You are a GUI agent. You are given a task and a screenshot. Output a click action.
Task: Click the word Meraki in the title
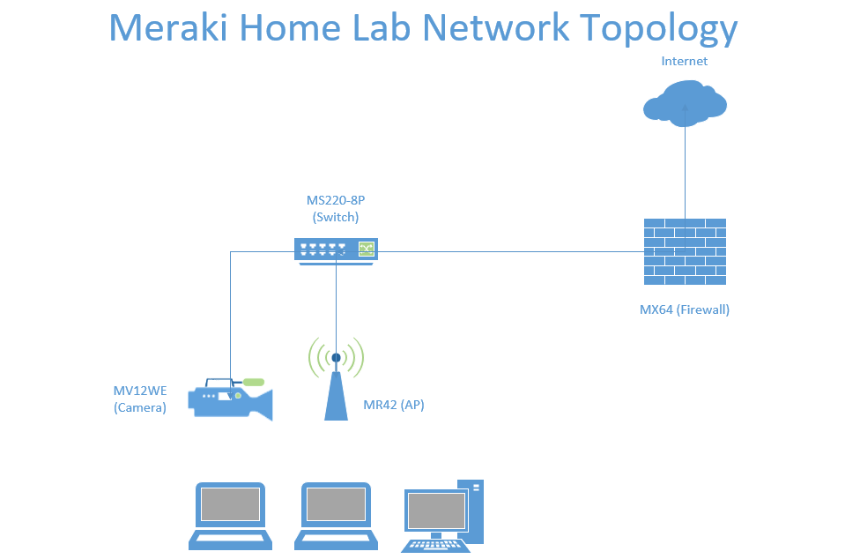[x=168, y=27]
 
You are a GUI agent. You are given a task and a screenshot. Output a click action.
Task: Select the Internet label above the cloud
[x=684, y=61]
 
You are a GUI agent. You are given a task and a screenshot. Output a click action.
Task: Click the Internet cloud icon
[x=685, y=103]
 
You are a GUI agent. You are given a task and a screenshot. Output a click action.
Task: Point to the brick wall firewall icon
[x=685, y=252]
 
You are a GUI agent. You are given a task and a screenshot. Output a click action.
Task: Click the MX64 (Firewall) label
[x=685, y=310]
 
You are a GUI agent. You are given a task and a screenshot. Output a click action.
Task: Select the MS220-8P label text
[x=336, y=200]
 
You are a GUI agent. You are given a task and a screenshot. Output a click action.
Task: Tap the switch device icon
[x=337, y=252]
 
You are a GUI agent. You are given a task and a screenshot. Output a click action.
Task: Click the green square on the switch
[x=367, y=249]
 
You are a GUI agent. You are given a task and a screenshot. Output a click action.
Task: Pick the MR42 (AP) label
[x=394, y=405]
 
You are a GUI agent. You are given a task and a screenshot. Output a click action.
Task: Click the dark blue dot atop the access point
[x=337, y=358]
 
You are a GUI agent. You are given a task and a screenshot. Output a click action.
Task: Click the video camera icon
[x=230, y=399]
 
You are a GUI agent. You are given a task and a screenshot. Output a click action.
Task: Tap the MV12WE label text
[x=140, y=391]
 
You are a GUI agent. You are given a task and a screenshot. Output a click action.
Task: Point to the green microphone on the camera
[x=254, y=382]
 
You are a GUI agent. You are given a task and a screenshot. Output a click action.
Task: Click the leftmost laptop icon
[x=230, y=516]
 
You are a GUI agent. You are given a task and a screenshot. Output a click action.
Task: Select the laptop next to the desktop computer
[x=337, y=516]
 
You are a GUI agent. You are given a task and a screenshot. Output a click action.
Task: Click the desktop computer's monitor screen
[x=436, y=511]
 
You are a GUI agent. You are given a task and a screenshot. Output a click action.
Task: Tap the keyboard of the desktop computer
[x=435, y=546]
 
